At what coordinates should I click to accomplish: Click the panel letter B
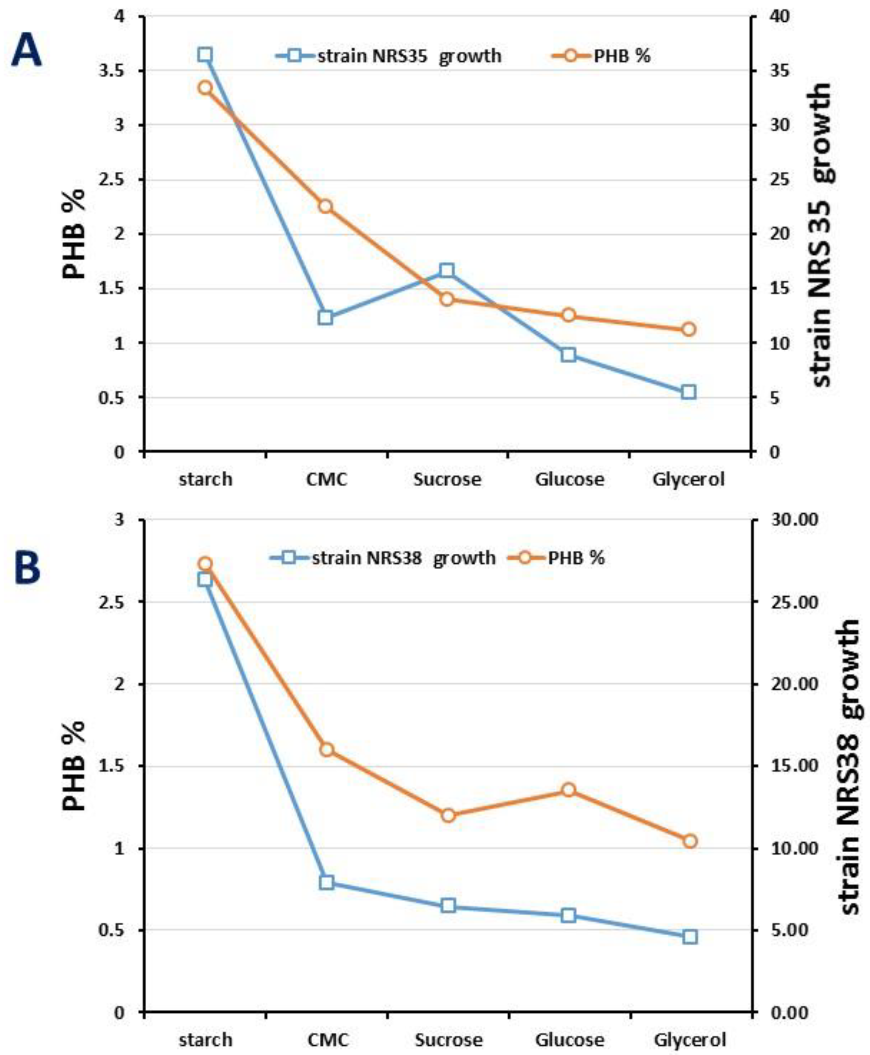coord(27,569)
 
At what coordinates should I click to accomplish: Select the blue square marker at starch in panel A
coord(204,55)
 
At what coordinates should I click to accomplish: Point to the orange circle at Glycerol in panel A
coord(689,329)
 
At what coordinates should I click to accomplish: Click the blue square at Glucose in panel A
coord(568,355)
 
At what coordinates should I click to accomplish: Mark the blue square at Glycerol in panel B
coord(690,937)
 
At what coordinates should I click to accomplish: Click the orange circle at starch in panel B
coord(204,564)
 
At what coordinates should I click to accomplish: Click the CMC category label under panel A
coord(327,479)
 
